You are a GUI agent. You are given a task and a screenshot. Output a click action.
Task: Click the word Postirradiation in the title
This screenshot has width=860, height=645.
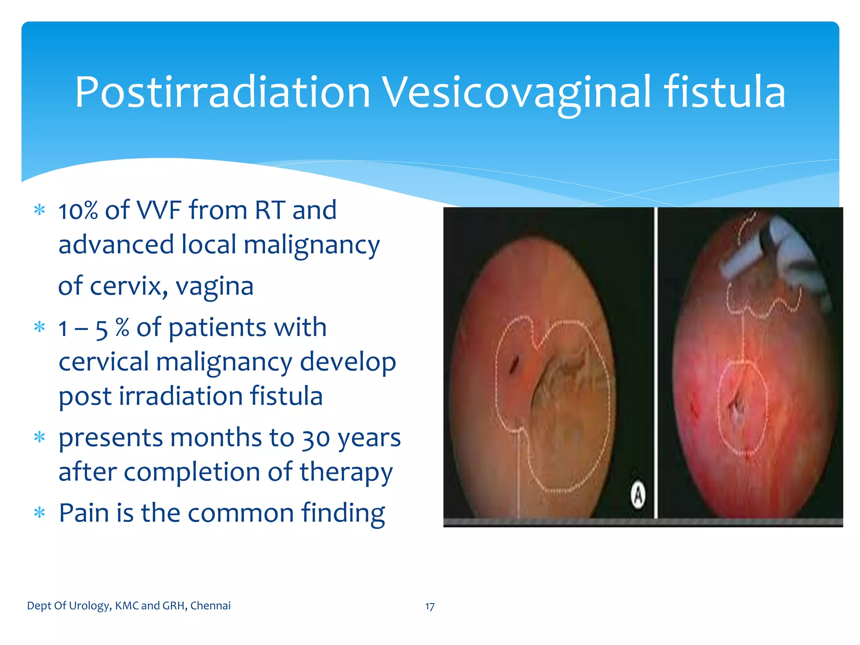[x=223, y=92]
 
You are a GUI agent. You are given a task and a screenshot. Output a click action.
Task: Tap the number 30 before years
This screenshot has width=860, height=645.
[x=316, y=438]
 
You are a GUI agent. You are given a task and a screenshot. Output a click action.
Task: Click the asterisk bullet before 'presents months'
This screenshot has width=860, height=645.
[x=39, y=438]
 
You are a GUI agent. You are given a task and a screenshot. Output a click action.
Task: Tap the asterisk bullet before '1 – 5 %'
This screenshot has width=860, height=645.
[x=39, y=327]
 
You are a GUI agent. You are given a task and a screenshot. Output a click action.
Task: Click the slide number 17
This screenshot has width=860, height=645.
[x=430, y=606]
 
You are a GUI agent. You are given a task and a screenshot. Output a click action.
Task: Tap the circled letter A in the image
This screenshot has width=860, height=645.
[x=638, y=496]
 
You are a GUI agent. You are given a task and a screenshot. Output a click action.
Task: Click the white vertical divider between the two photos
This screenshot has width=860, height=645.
[x=655, y=361]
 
